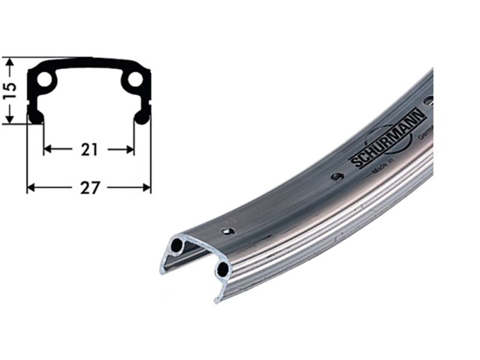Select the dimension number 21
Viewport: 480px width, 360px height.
[x=89, y=149]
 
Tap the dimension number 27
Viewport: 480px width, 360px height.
[x=89, y=188]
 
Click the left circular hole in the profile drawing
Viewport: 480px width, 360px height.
[x=44, y=79]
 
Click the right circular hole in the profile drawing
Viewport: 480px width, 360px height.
[x=135, y=79]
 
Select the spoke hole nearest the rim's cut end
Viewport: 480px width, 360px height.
[x=228, y=230]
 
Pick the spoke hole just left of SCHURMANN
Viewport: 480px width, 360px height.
[x=338, y=176]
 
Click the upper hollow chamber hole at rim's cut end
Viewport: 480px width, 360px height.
[x=176, y=245]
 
